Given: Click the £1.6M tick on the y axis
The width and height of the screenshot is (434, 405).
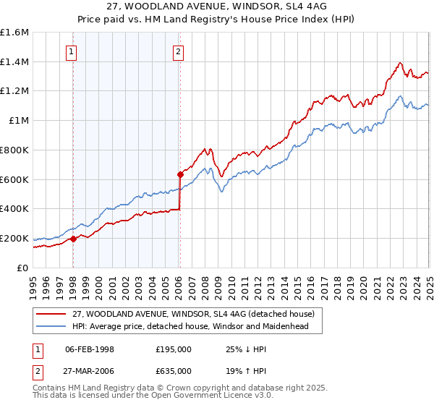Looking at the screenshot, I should [14, 33].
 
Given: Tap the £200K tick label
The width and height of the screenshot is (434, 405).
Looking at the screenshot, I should [14, 238].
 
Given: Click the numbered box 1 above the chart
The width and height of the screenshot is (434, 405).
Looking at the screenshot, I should [72, 51].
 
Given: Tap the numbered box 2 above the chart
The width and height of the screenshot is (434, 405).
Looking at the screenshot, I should [178, 51].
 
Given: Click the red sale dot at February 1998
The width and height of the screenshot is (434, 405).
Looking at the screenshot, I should [73, 239].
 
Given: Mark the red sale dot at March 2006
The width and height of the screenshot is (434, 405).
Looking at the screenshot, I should [180, 174].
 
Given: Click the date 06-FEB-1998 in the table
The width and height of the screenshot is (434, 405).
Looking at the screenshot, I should [90, 349].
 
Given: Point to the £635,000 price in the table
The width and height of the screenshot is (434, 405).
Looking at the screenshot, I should [174, 370].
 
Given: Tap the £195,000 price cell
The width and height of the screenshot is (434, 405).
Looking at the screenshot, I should [174, 349].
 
